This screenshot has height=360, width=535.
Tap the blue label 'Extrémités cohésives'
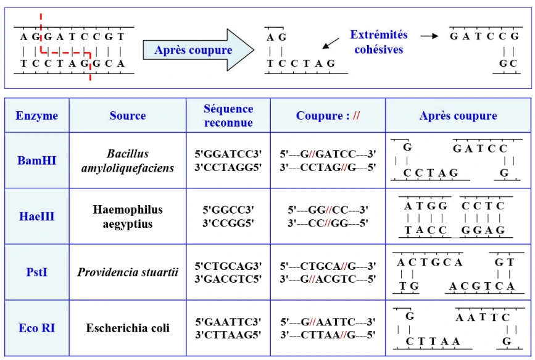(378, 42)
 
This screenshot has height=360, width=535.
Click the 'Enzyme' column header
(37, 115)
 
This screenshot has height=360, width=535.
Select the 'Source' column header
(128, 115)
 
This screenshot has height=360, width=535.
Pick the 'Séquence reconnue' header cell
(228, 115)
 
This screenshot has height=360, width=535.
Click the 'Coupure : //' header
(328, 115)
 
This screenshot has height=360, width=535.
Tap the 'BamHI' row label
(37, 161)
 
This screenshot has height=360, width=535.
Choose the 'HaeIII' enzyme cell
(37, 216)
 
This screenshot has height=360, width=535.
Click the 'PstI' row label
(37, 272)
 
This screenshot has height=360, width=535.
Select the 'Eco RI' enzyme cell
(37, 328)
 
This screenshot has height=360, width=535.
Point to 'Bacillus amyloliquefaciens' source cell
(128, 161)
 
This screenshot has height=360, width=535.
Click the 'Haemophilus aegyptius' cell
(128, 216)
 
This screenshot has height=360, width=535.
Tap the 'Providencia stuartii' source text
(128, 272)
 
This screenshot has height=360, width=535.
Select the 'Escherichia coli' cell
(128, 328)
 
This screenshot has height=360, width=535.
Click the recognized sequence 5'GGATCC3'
(228, 154)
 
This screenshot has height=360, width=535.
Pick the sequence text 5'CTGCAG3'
(228, 266)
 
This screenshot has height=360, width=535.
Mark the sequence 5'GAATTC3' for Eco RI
(228, 322)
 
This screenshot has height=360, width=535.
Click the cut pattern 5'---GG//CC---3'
(328, 210)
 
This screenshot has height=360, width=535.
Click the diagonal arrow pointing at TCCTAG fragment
(331, 43)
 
